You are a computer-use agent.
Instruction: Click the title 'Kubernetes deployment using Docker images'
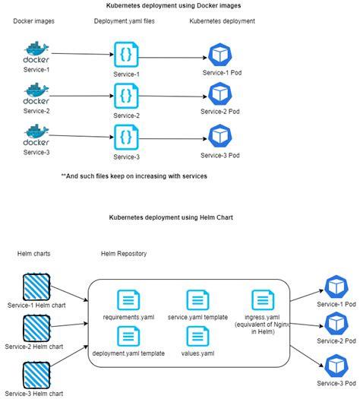180,6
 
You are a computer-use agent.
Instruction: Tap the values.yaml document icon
196,335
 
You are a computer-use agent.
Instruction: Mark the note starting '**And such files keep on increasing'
134,176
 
